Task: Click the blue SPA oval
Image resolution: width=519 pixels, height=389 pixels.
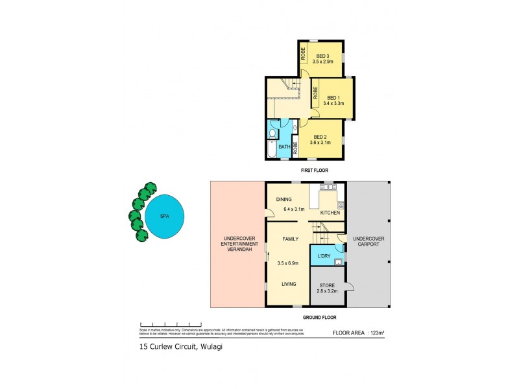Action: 164,216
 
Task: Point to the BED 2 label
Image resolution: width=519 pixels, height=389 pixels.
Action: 320,136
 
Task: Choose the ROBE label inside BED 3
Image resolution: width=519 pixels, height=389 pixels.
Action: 303,53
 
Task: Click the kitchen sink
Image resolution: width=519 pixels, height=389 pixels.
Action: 328,187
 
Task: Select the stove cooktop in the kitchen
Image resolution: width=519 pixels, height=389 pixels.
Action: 341,204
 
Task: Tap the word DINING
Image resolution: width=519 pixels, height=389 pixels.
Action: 284,200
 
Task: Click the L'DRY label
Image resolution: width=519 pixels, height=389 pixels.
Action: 323,257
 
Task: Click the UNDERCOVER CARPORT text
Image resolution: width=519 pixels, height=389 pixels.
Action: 368,242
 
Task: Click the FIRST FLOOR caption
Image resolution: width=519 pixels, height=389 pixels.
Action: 314,170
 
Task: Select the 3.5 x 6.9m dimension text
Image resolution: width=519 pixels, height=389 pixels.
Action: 289,263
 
